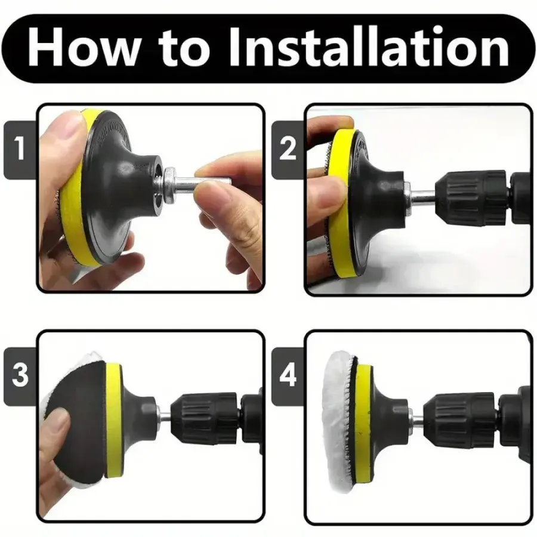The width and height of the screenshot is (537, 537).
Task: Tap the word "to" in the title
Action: [x=184, y=49]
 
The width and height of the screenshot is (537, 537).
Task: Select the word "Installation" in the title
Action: [x=369, y=47]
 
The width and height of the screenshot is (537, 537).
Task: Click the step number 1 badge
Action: [x=20, y=150]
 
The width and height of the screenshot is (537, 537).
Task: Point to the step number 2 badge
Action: [x=288, y=150]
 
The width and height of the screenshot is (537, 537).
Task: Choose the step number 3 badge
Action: [x=20, y=376]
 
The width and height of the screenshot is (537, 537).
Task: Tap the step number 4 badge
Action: [x=288, y=376]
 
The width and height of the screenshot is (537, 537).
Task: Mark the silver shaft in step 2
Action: [x=419, y=197]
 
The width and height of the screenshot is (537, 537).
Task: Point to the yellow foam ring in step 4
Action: [x=362, y=422]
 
